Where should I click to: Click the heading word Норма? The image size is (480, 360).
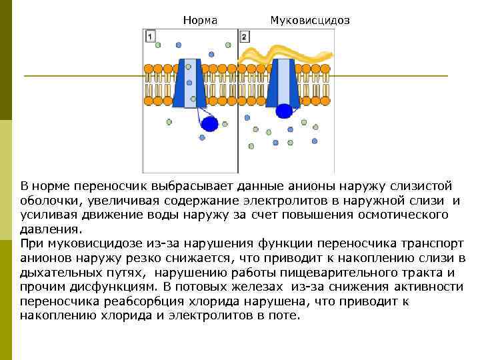point(200,21)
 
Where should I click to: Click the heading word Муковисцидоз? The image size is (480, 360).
point(309,21)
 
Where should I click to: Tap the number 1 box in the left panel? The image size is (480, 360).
point(151,36)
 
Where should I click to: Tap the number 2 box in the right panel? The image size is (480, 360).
point(245,36)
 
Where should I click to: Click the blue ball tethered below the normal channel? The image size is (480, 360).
point(209,123)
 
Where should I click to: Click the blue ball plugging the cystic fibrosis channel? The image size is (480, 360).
point(285,111)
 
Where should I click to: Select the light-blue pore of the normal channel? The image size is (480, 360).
point(191,81)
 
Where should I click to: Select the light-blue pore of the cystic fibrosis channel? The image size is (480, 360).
point(285,81)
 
